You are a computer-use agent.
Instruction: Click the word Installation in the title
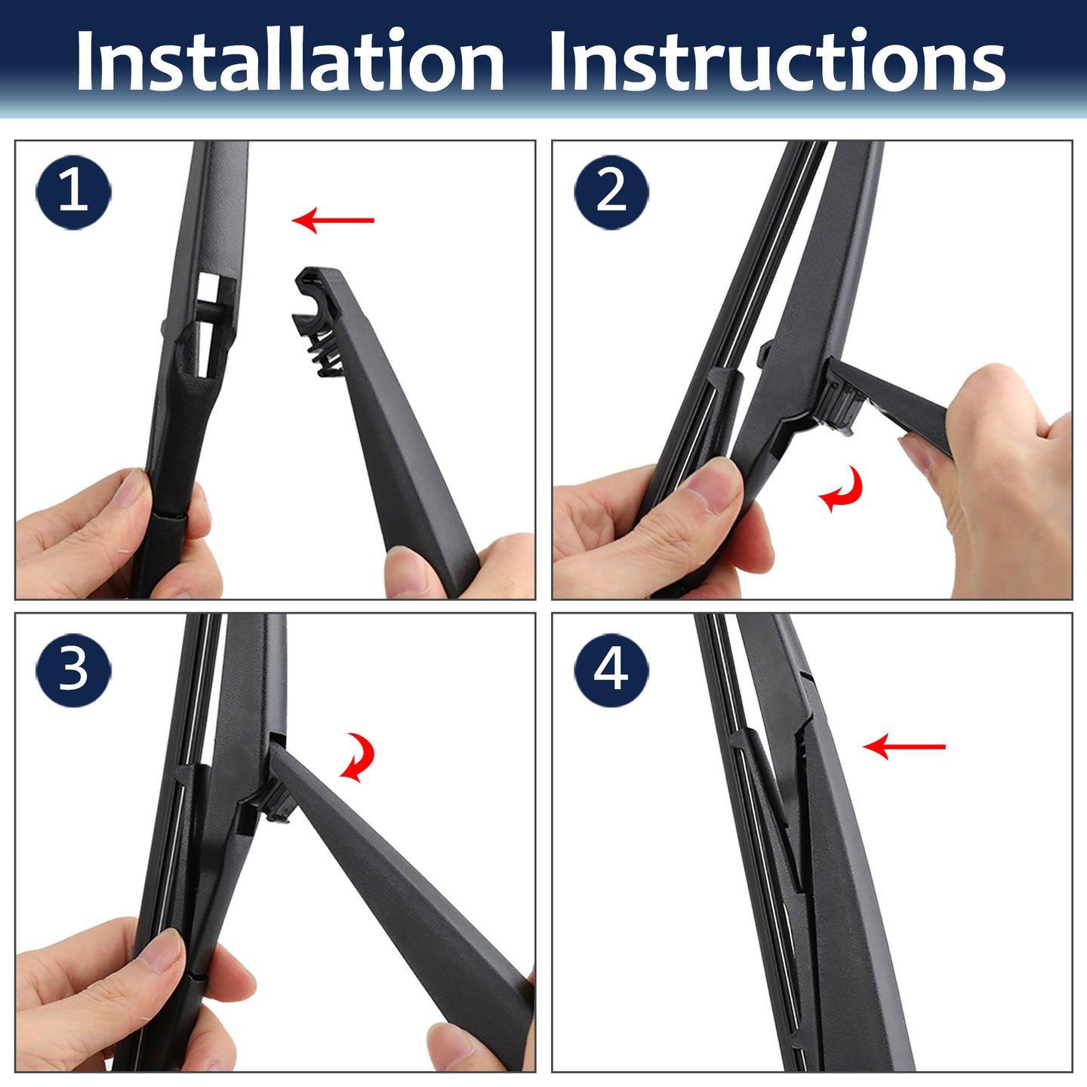[x=290, y=60]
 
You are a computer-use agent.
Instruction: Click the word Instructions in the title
[x=778, y=60]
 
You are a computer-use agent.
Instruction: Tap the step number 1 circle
[x=73, y=192]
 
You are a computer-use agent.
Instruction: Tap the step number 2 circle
[x=611, y=192]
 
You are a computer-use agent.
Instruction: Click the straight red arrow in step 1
[x=333, y=220]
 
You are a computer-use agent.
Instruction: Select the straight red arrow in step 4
[x=904, y=747]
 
